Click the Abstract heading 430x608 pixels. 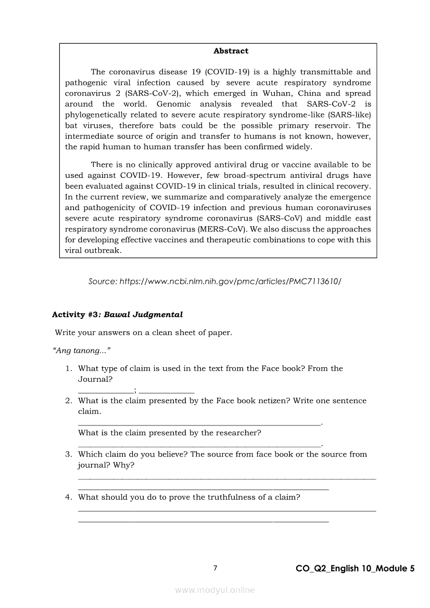(231, 51)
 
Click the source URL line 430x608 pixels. (214, 281)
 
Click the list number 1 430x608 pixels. (68, 369)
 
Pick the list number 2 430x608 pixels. (68, 401)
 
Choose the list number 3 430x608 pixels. (68, 455)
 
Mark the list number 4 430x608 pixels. (68, 497)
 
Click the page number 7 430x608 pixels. (215, 568)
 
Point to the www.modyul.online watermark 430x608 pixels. (215, 590)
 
